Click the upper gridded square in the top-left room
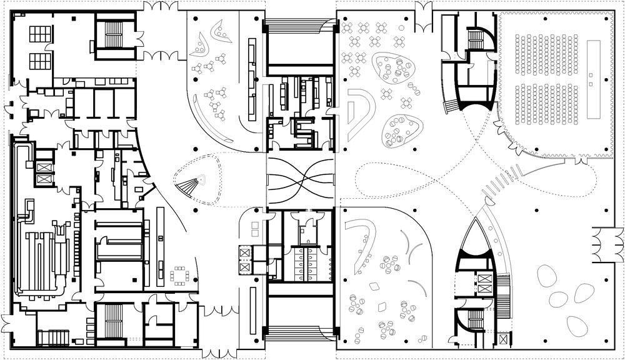tap(41, 34)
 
